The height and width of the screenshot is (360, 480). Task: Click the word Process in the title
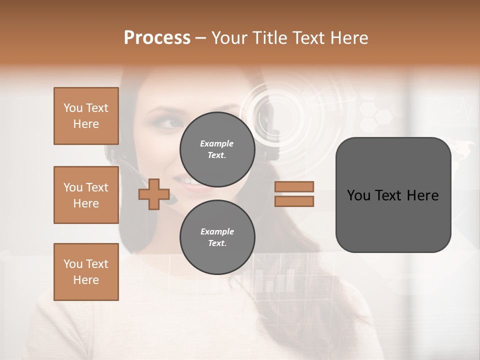[x=157, y=38]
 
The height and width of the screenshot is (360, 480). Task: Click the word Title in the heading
[x=268, y=38]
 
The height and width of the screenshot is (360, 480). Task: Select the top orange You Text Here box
[x=86, y=116]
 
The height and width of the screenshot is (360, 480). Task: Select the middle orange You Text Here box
[x=86, y=195]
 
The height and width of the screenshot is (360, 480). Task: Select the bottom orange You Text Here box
[x=86, y=272]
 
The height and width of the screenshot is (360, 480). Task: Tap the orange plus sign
[x=154, y=193]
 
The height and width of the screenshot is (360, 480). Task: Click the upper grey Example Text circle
[x=217, y=149]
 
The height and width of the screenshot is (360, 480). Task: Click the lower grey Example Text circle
[x=217, y=237]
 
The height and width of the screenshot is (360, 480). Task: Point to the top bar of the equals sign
[x=294, y=186]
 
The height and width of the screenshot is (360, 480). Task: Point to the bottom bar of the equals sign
[x=294, y=201]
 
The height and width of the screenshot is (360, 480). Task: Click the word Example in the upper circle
[x=216, y=143]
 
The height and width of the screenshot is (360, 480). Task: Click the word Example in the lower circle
[x=217, y=231]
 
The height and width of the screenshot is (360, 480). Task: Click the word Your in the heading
[x=229, y=38]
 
